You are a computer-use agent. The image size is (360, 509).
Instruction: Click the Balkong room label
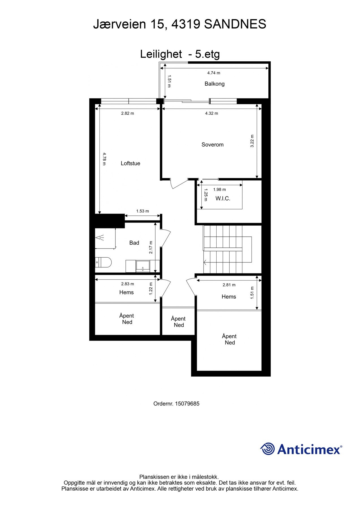[214, 84]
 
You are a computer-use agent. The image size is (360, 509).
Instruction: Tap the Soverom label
[212, 144]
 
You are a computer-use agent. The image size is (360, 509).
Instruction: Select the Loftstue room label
[130, 163]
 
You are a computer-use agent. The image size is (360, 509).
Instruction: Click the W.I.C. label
[223, 199]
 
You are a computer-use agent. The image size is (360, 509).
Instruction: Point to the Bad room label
[134, 243]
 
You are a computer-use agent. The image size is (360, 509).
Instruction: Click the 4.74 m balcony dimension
[214, 73]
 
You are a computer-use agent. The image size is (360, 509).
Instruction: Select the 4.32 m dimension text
[212, 113]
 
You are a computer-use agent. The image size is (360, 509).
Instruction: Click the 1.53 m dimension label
[143, 211]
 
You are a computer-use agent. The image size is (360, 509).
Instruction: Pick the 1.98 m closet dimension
[219, 189]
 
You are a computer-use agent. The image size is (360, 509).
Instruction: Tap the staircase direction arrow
[205, 263]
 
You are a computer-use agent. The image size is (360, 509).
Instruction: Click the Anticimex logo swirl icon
[267, 449]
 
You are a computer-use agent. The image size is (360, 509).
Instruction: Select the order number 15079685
[187, 404]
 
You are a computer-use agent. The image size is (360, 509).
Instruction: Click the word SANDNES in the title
[235, 24]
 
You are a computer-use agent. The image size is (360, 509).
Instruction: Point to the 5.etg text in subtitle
[207, 54]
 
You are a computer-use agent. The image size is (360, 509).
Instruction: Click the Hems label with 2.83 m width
[126, 292]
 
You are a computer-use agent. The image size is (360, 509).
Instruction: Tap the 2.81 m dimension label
[229, 285]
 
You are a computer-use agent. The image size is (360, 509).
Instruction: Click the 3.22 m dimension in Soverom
[252, 141]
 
